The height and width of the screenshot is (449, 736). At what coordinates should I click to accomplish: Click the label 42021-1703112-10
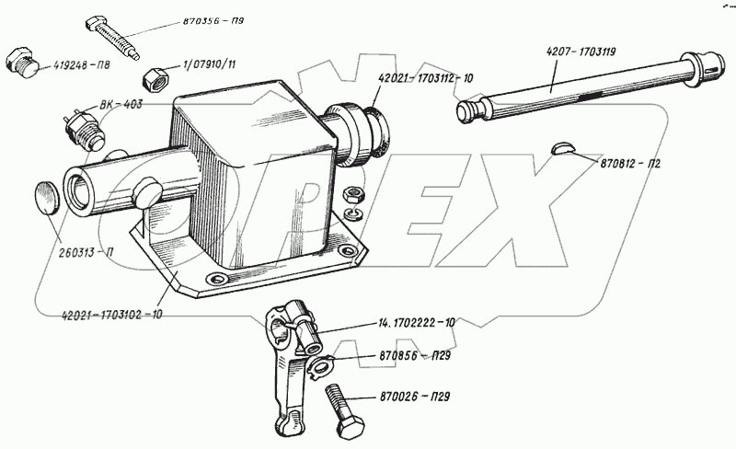coord(423,79)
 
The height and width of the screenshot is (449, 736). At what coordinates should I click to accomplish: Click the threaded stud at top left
coord(115,36)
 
